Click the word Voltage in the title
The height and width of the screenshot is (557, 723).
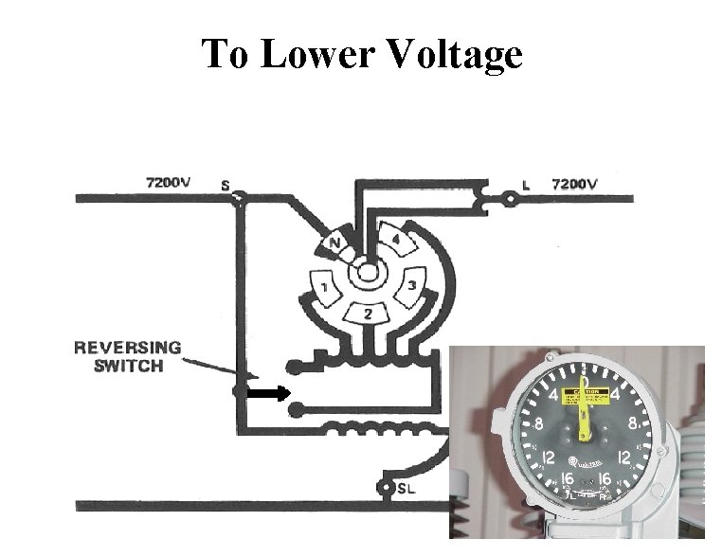click(453, 56)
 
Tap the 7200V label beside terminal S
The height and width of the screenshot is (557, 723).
click(168, 180)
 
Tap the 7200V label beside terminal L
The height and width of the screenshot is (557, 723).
click(574, 183)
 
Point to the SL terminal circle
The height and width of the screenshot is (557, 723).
click(385, 488)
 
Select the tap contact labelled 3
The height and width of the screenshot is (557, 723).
click(411, 286)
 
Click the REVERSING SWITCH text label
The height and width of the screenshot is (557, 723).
click(127, 357)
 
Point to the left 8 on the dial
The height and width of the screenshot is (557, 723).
click(538, 424)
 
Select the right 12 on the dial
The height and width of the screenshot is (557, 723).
click(625, 458)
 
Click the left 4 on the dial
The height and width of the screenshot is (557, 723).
click(554, 393)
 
